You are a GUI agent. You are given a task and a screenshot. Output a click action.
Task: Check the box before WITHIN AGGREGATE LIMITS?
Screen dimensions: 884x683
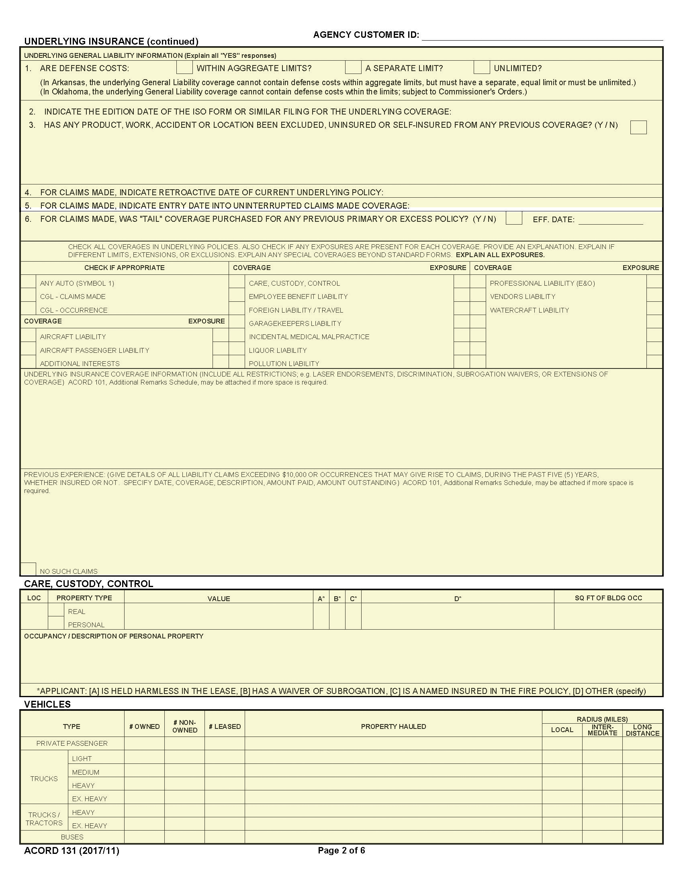click(184, 67)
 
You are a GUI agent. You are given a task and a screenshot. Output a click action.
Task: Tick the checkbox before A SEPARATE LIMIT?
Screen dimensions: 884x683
click(353, 67)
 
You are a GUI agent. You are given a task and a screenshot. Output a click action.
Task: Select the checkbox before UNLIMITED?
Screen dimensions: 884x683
click(481, 67)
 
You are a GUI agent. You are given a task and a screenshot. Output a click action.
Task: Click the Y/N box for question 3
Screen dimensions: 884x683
click(638, 127)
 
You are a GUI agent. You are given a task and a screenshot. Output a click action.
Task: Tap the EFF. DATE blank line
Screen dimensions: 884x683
click(610, 220)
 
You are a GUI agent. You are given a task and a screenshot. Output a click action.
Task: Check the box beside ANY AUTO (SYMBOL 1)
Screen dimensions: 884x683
click(28, 282)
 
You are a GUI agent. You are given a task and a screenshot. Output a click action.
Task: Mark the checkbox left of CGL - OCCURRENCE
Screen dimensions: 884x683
click(28, 309)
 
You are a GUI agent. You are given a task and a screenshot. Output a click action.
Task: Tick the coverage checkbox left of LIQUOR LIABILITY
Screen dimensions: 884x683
click(237, 348)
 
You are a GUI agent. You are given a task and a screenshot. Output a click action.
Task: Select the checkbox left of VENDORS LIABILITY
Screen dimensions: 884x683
click(477, 295)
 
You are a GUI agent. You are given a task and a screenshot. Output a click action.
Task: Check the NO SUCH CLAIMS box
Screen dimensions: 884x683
click(28, 569)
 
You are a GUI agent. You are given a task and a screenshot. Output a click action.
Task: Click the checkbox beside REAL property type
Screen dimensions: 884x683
click(56, 610)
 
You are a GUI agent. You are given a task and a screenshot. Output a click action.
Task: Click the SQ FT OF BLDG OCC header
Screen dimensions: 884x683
click(608, 598)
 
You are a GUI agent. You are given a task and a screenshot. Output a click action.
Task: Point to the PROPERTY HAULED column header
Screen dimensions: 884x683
click(393, 726)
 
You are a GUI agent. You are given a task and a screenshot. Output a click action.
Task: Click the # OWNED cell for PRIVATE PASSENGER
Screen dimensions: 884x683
click(144, 743)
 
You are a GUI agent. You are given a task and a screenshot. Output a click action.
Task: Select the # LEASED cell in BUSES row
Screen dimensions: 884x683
click(225, 837)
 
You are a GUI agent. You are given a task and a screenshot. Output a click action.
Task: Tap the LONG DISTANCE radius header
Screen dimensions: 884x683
click(642, 730)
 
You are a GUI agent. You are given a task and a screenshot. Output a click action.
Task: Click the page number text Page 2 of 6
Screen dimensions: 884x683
click(341, 850)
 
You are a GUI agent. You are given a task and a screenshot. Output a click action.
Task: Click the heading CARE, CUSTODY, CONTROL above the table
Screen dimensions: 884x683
click(89, 584)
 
